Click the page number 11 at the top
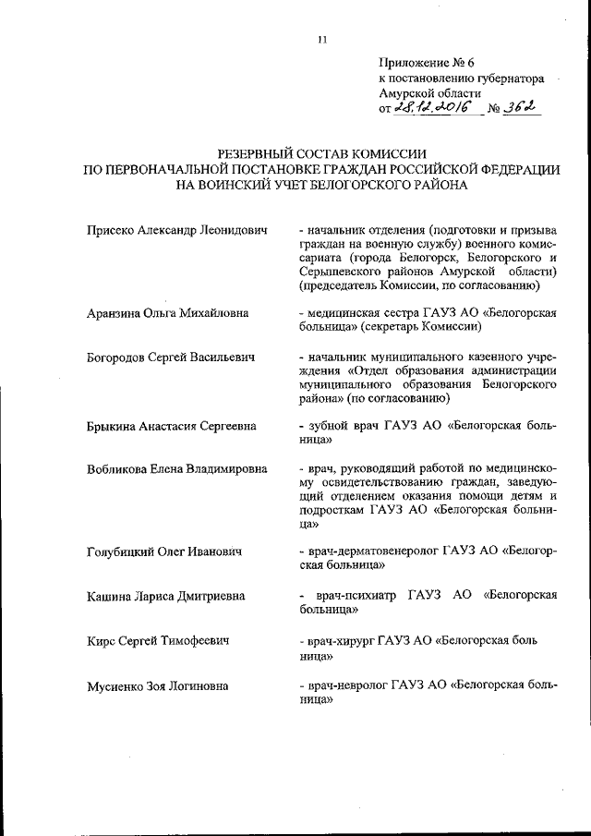322,39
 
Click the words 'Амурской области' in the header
429,93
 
